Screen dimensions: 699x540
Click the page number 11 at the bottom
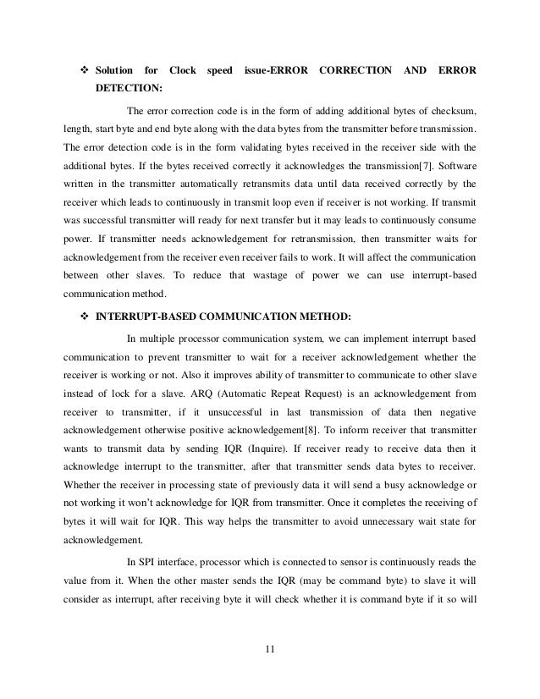pos(270,650)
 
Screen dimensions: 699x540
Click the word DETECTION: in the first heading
pos(129,88)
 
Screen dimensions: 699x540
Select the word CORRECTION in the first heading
pos(356,69)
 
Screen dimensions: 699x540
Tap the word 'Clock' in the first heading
pos(183,69)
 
